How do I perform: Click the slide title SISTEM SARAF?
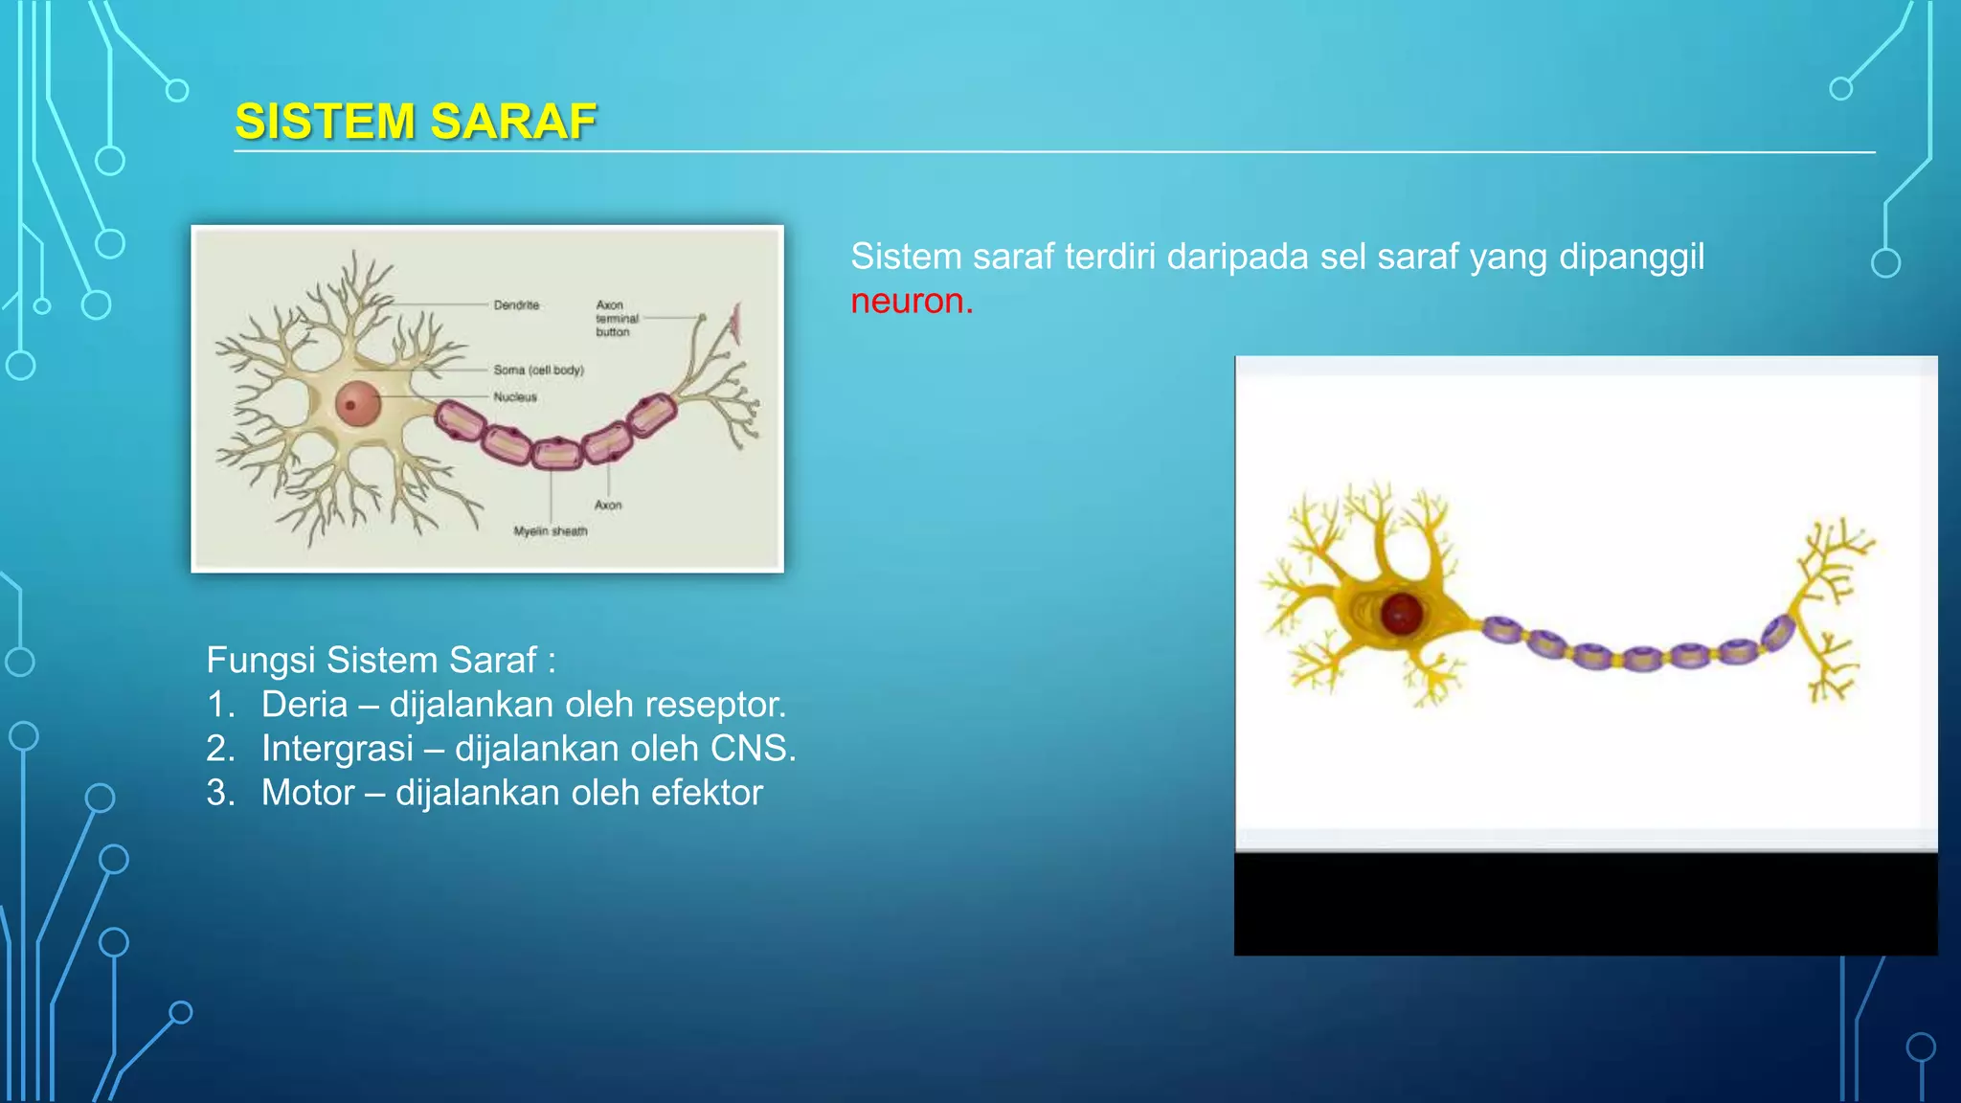point(416,122)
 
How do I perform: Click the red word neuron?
point(911,301)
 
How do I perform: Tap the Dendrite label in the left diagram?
point(516,305)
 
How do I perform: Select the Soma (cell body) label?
point(538,370)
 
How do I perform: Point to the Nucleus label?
point(515,396)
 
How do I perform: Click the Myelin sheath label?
point(550,531)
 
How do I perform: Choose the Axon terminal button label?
point(616,318)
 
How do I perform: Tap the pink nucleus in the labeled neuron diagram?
point(357,403)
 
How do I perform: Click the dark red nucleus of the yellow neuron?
point(1401,614)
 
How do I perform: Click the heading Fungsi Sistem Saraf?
point(380,660)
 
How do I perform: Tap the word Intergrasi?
point(337,749)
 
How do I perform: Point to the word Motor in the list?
point(307,793)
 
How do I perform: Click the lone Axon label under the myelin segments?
point(608,505)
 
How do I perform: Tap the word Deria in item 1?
point(304,705)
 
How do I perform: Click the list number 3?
point(219,793)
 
